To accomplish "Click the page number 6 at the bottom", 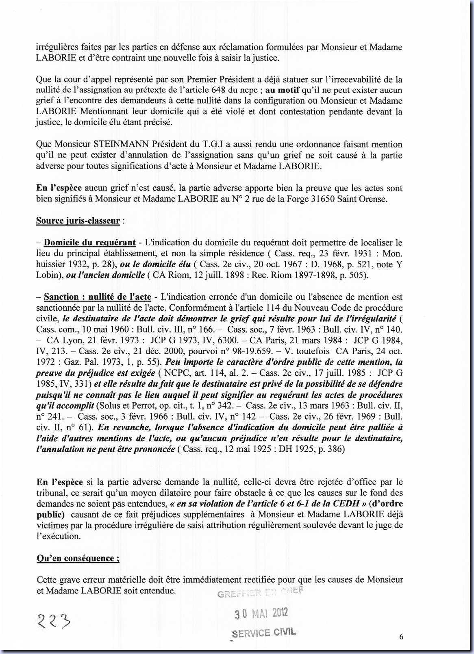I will coord(401,637).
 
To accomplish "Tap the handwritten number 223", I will coord(53,620).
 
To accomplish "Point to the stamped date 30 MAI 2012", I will coord(261,613).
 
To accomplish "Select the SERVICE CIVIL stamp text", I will coord(264,632).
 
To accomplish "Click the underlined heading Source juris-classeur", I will coord(78,221).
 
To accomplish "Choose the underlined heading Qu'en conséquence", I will coord(78,558).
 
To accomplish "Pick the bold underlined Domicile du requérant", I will coord(89,243).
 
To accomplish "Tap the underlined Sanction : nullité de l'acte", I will coord(97,297).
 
